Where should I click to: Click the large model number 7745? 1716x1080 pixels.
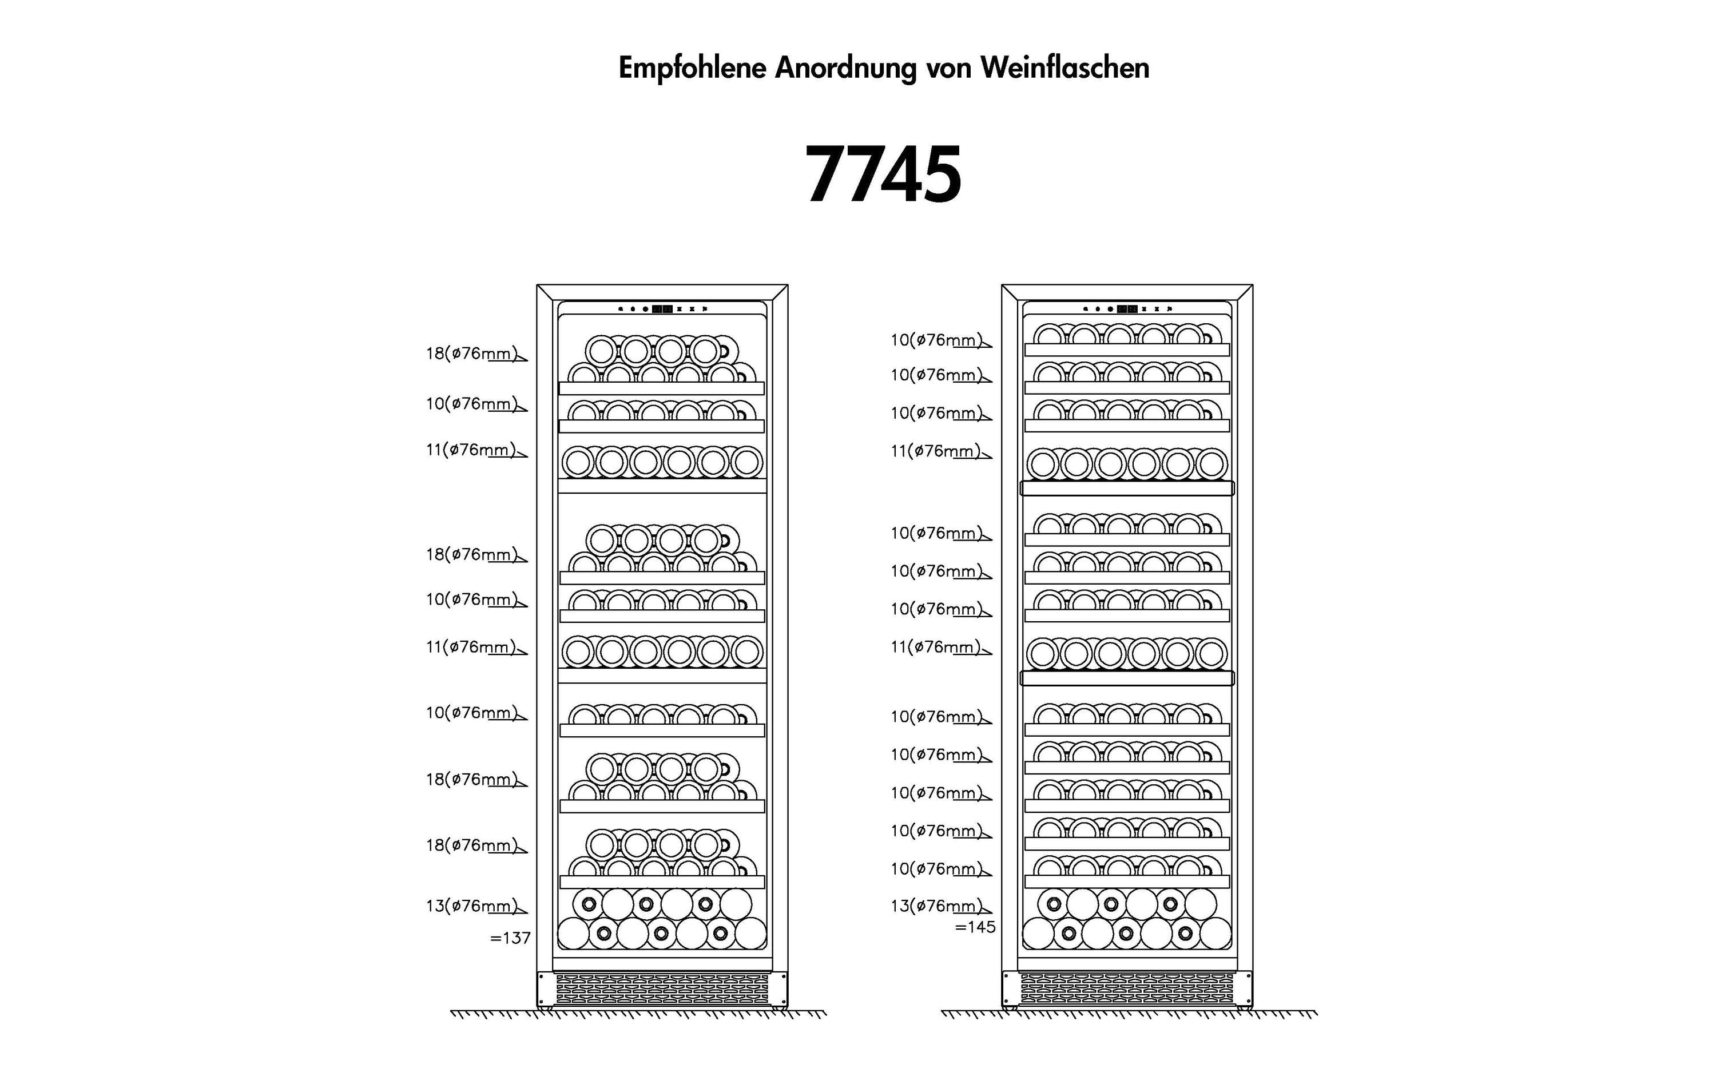[884, 174]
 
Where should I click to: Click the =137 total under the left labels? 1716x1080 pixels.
[510, 938]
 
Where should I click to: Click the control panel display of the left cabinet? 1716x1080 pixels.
[662, 309]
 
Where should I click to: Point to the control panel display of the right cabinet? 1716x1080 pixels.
[1127, 309]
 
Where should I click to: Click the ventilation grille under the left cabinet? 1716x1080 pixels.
[662, 990]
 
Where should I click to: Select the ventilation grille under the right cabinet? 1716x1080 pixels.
[1127, 990]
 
